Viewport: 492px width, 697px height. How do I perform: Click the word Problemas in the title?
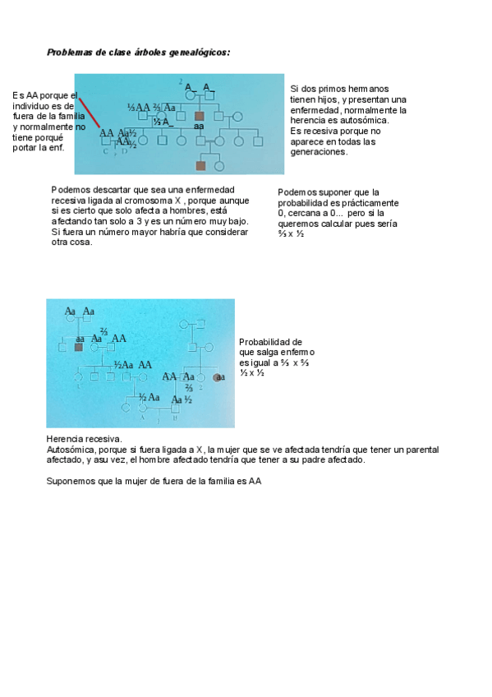point(69,52)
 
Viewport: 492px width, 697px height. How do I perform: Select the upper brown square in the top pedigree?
point(199,117)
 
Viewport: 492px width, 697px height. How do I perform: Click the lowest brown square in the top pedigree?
point(200,165)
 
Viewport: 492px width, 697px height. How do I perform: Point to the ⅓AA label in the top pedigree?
point(139,108)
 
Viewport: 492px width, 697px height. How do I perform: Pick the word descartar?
point(115,190)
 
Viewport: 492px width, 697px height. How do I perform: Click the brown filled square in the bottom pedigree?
point(79,347)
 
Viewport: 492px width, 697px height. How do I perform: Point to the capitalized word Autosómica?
point(72,450)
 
